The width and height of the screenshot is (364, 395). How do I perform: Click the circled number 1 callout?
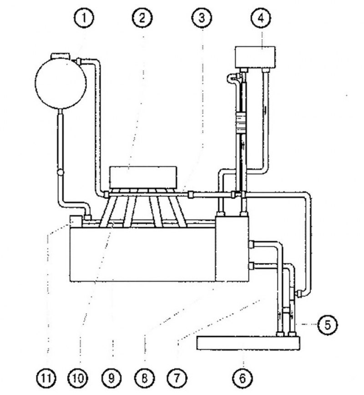coord(84,18)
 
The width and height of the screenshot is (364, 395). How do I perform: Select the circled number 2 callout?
coord(142,18)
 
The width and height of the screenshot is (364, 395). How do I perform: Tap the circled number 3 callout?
coord(202,18)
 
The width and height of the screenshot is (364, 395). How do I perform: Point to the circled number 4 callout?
coord(261,18)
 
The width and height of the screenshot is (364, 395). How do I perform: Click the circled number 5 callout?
coord(328,325)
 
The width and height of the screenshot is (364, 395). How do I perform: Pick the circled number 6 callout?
coord(243,378)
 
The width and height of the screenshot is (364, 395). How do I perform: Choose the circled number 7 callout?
coord(177,378)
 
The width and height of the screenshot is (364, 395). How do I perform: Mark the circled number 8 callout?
coord(144,378)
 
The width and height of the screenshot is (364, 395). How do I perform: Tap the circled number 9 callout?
coord(111,378)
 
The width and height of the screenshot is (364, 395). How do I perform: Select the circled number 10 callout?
coord(78,378)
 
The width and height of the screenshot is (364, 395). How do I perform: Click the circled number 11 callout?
coord(46,378)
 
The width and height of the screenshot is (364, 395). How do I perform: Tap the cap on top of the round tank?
coord(61,55)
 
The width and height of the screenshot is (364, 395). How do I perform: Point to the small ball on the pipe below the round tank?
coord(61,172)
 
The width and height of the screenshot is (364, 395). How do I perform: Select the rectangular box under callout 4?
coord(255,57)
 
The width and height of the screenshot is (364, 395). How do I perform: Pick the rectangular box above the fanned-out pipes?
coord(143,177)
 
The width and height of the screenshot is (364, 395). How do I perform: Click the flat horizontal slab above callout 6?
coord(248,343)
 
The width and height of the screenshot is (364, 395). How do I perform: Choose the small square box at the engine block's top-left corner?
coord(76,221)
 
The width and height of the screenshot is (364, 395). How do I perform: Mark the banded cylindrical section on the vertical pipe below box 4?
coord(241,123)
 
